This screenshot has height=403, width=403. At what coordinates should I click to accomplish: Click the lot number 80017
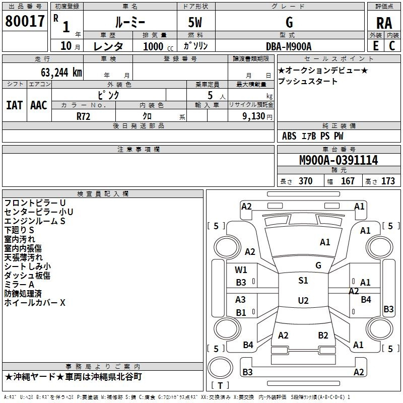(25, 21)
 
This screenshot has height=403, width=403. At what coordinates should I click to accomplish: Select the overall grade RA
(384, 23)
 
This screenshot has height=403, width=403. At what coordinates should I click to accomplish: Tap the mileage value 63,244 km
(61, 73)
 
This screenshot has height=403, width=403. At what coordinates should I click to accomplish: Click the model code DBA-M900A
(289, 46)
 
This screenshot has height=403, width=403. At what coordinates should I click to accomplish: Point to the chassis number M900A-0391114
(339, 160)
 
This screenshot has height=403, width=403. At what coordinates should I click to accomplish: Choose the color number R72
(83, 116)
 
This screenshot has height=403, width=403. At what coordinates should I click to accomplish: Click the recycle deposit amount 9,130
(254, 116)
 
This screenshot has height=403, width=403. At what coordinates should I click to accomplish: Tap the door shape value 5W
(195, 22)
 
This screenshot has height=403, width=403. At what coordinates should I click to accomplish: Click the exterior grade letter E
(376, 46)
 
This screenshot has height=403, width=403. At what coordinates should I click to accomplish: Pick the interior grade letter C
(392, 46)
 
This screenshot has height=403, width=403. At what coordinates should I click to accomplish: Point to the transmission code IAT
(15, 105)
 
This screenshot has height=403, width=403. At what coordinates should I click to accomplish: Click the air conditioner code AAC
(39, 105)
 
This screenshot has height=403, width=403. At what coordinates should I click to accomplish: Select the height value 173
(388, 181)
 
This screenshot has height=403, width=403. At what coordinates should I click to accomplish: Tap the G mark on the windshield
(318, 265)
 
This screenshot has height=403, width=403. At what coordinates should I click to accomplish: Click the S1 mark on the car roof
(303, 281)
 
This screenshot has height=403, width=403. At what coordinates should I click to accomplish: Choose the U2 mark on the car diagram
(303, 300)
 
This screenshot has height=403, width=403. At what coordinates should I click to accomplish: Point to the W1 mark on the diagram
(241, 270)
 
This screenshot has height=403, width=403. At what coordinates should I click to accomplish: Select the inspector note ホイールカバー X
(35, 303)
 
